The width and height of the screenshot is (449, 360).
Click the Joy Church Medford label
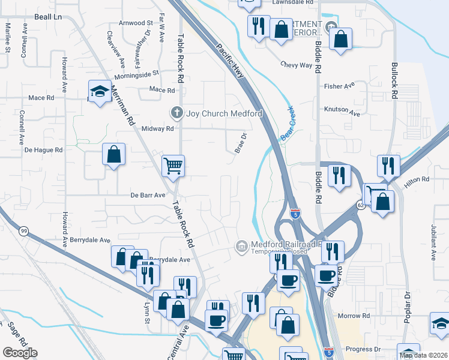(x=224, y=113)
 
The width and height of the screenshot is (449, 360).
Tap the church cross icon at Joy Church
(x=176, y=112)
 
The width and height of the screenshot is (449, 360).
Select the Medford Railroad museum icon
(x=241, y=247)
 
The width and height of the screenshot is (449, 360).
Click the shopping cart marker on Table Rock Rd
(x=173, y=165)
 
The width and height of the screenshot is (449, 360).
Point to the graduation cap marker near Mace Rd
(x=100, y=92)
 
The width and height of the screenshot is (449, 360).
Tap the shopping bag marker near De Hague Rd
(x=113, y=155)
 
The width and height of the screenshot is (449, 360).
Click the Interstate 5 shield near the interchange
(x=295, y=213)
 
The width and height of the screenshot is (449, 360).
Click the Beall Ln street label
(x=49, y=17)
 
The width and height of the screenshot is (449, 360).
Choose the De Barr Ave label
(x=148, y=195)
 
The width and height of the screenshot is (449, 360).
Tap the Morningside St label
(x=137, y=74)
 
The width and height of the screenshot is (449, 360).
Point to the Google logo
(x=20, y=353)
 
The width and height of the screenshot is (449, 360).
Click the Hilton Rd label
(x=417, y=179)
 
